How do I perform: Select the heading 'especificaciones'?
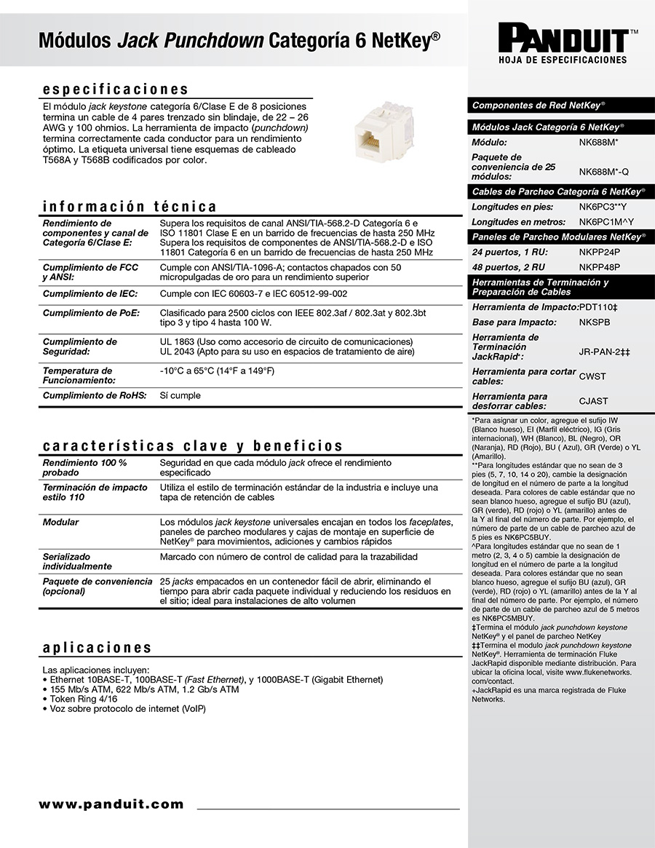coord(116,90)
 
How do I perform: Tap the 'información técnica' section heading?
coord(130,206)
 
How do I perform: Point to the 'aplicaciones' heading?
coord(98,647)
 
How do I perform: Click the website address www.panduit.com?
coord(111,804)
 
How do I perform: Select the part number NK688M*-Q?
coord(603,172)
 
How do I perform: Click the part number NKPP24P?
coord(600,252)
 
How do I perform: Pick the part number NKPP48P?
coord(600,267)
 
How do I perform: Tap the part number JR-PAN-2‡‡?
coord(604,352)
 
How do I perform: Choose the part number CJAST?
coord(593,401)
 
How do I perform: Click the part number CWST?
coord(592,376)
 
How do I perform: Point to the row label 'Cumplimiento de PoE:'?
coord(90,313)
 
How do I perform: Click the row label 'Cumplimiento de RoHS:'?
coord(95,395)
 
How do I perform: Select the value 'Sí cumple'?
coord(180,395)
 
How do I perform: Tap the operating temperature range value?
coord(217,370)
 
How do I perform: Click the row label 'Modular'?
coord(60,522)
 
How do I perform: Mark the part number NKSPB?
coord(595,322)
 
